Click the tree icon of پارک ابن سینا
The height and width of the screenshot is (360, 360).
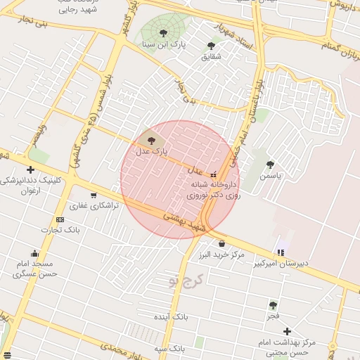coord(163,33)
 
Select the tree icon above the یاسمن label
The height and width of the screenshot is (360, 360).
coord(270,165)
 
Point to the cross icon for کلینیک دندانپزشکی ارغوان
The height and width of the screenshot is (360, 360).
coord(30,169)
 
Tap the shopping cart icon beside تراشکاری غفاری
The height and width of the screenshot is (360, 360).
coord(94,195)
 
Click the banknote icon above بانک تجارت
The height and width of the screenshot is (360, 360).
coord(60,219)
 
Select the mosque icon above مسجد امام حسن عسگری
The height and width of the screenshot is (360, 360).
coord(34,253)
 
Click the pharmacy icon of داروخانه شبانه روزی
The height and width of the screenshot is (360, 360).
coord(213,174)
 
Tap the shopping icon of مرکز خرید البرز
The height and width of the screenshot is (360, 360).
coord(221,243)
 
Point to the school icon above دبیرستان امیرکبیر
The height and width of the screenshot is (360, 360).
coord(281,252)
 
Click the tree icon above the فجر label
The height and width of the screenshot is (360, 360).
coord(273,305)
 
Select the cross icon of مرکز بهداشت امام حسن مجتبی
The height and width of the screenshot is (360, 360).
coord(287,331)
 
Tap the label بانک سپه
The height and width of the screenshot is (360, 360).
coord(170,348)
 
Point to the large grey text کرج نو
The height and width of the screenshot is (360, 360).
coord(185,281)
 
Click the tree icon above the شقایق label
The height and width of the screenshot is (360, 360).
coord(211,46)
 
